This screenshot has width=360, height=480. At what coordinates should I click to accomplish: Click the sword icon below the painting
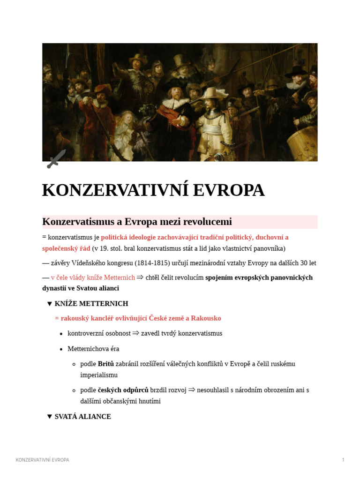point(56,159)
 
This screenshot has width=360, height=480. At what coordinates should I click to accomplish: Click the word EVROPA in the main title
point(228,190)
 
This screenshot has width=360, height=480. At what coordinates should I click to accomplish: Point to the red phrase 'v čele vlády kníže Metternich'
point(93,277)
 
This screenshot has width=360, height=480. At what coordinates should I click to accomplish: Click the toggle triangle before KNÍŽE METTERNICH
point(50,304)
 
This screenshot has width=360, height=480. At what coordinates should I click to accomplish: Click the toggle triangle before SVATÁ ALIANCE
point(50,417)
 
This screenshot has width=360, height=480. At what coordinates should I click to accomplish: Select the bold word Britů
point(106,364)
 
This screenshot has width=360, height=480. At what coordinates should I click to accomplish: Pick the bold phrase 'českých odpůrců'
point(123,390)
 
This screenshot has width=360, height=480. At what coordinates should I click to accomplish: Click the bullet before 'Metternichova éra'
point(61,349)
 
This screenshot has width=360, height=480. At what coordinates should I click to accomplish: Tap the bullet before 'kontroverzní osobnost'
point(61,334)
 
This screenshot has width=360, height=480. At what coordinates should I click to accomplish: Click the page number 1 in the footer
point(343,460)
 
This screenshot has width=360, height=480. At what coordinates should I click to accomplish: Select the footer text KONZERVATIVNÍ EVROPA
point(42,460)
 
